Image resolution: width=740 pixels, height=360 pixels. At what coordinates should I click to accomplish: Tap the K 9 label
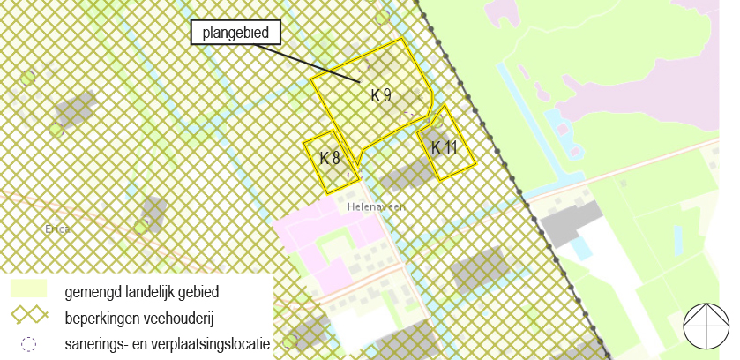381,95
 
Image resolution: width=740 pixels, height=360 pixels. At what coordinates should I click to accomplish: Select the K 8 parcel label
330,159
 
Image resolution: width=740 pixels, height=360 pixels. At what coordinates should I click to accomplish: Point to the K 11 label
444,147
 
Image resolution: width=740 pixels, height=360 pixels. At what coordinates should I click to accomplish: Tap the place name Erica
56,229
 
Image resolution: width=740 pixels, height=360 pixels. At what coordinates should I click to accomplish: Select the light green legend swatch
28,289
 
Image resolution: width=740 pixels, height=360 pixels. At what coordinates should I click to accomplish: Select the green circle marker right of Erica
140,227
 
